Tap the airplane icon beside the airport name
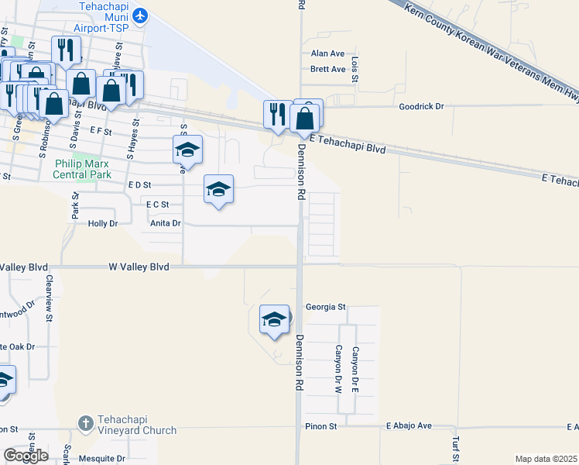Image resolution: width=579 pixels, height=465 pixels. pyautogui.click(x=140, y=15)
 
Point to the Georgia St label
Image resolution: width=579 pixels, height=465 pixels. pyautogui.click(x=325, y=307)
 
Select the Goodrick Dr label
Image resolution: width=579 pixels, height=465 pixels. pyautogui.click(x=421, y=106)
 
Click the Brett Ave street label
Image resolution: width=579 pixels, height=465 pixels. pyautogui.click(x=327, y=69)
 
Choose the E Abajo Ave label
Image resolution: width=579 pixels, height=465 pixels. pyautogui.click(x=409, y=426)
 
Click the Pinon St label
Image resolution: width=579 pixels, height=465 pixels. pyautogui.click(x=321, y=426)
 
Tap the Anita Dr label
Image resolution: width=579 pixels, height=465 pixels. pyautogui.click(x=165, y=223)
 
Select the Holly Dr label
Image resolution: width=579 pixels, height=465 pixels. pyautogui.click(x=102, y=223)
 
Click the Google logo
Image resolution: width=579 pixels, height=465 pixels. pyautogui.click(x=26, y=456)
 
